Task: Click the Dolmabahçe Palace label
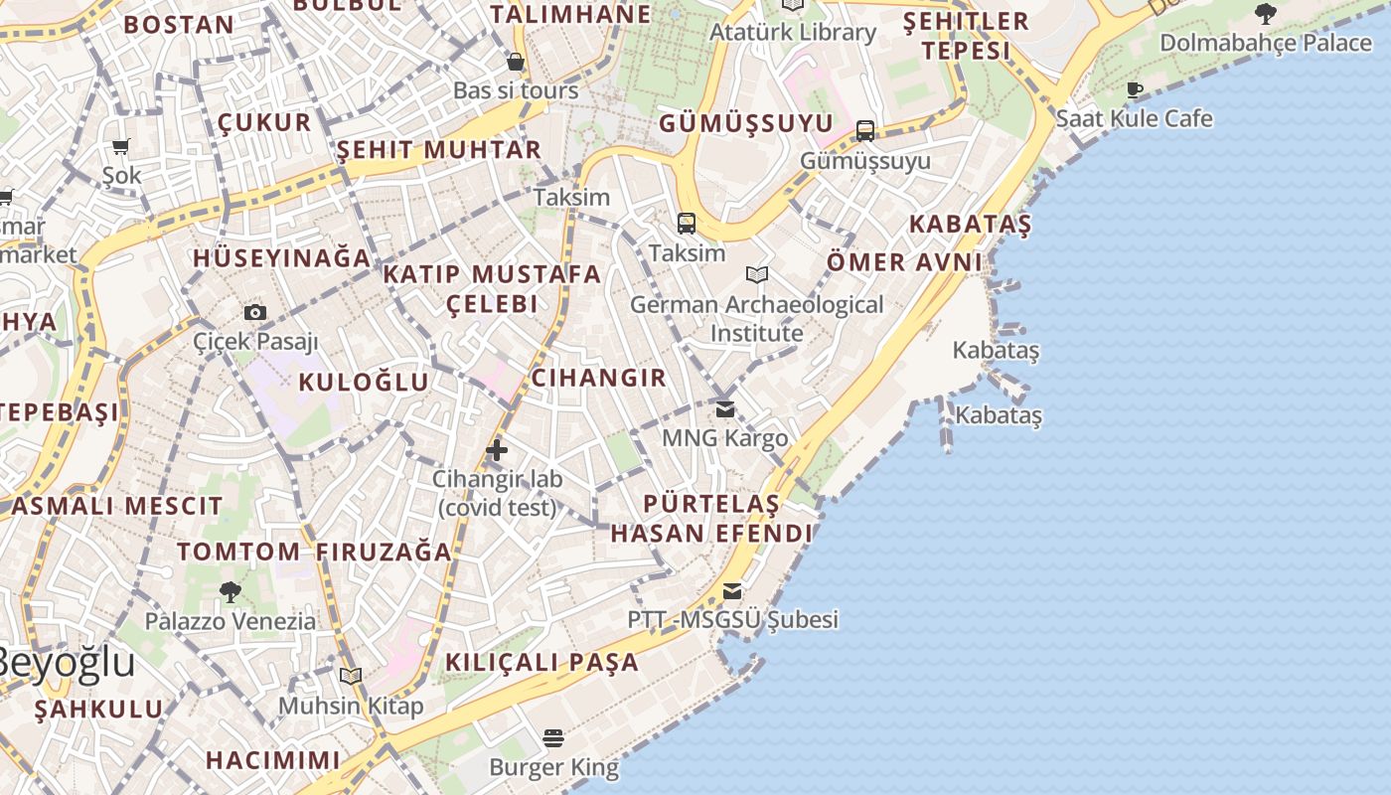(x=1265, y=43)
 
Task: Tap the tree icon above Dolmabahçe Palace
(x=1265, y=14)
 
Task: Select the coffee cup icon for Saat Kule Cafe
(x=1134, y=90)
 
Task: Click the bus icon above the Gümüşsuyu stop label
(x=865, y=131)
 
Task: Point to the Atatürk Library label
(x=792, y=32)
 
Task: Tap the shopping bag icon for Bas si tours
(x=515, y=62)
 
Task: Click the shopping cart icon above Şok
(x=121, y=147)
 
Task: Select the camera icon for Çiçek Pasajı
(x=255, y=312)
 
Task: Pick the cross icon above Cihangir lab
(x=497, y=450)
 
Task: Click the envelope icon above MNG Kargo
(x=725, y=408)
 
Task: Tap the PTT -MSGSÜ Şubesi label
(x=732, y=619)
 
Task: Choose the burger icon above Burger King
(x=553, y=738)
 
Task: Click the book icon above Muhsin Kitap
(x=350, y=677)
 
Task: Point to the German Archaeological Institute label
(x=756, y=318)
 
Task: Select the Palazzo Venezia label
(x=231, y=621)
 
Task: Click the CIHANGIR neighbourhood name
(x=598, y=378)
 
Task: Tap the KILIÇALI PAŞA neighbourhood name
(x=541, y=662)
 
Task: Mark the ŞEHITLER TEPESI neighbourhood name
(x=965, y=36)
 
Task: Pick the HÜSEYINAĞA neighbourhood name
(x=281, y=257)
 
